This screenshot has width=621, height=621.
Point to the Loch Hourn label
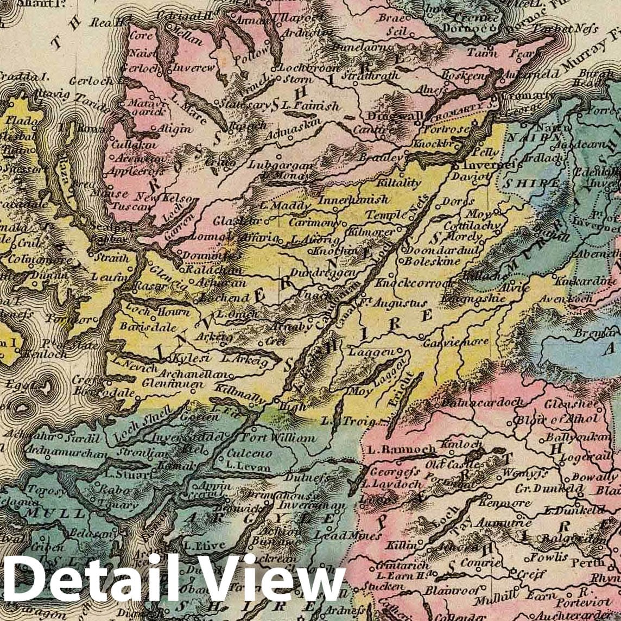point(158,312)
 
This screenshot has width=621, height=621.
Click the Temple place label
point(385,215)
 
